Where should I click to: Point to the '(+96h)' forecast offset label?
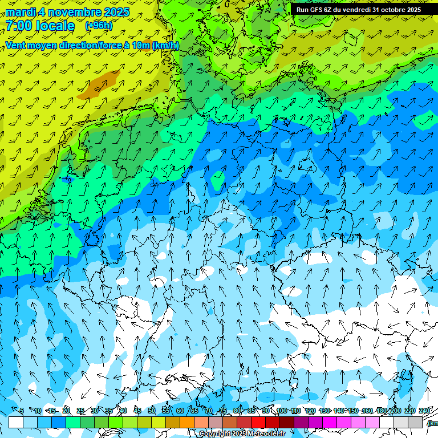[98, 26]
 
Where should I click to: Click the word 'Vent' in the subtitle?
[17, 45]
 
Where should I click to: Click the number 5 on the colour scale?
[21, 411]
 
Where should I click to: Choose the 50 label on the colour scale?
[151, 411]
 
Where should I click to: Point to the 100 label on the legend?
[281, 411]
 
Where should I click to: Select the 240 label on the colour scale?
[424, 411]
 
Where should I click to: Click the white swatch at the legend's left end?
[16, 423]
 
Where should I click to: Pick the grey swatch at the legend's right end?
[415, 423]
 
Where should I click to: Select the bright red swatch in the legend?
[258, 423]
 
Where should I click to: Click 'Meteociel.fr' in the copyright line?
[265, 434]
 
